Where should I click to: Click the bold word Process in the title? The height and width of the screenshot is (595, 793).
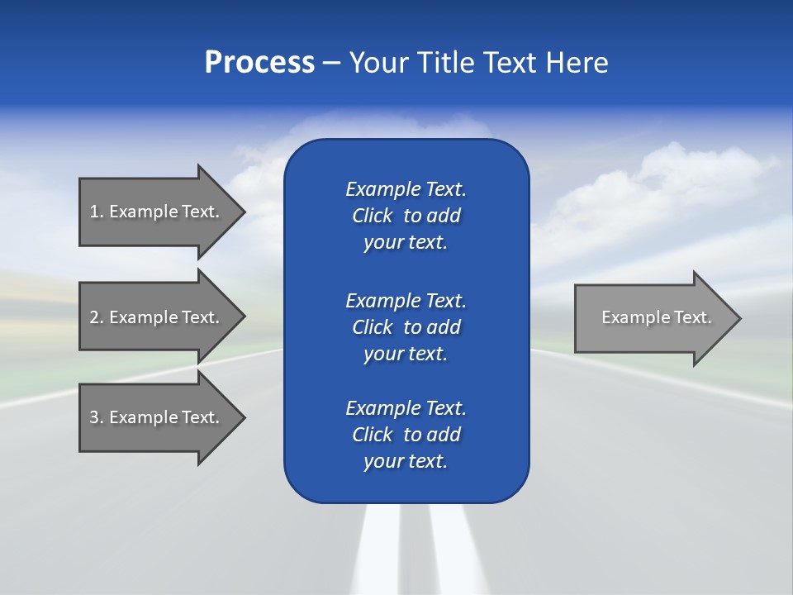(x=259, y=63)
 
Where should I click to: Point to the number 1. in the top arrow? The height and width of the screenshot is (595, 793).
(x=97, y=212)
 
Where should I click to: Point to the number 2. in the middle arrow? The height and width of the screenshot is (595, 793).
(x=97, y=317)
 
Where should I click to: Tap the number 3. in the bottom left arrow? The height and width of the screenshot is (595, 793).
(x=97, y=417)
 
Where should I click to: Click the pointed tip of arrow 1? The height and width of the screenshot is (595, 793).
(x=241, y=212)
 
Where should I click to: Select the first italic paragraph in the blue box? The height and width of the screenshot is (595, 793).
(x=406, y=216)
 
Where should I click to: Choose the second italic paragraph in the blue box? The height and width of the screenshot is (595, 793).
(x=406, y=326)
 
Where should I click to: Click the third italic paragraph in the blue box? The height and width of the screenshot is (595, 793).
(x=406, y=435)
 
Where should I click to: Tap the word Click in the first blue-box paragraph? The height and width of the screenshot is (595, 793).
(x=372, y=216)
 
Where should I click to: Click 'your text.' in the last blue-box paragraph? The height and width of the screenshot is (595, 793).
(x=406, y=461)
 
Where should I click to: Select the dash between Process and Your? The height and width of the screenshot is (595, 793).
(x=331, y=63)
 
